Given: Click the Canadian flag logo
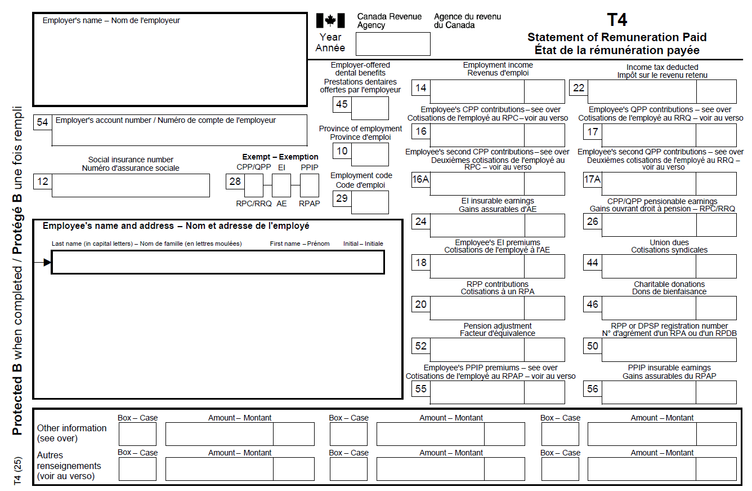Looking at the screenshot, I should tap(330, 21).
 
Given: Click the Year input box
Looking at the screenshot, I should tap(393, 44).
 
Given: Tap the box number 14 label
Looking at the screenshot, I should tap(420, 88).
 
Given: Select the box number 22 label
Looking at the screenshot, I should tap(579, 88).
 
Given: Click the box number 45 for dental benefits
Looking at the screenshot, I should tap(342, 104).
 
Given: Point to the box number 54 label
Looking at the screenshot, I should tap(42, 122).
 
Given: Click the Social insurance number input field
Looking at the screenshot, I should tap(131, 185).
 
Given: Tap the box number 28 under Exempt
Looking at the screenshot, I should tap(235, 182).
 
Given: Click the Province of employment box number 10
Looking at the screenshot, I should tap(342, 151).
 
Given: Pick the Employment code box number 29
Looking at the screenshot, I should tap(342, 198).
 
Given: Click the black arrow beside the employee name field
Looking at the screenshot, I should tap(46, 262).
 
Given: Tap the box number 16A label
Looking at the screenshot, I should tap(420, 180).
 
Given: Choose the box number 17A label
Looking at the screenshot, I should tap(593, 180).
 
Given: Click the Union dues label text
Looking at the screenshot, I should tap(669, 246).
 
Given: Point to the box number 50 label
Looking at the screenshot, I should tap(593, 346).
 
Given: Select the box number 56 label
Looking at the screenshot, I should tap(593, 388).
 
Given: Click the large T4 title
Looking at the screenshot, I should tap(617, 20).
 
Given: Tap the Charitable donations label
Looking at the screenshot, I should tap(669, 288).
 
